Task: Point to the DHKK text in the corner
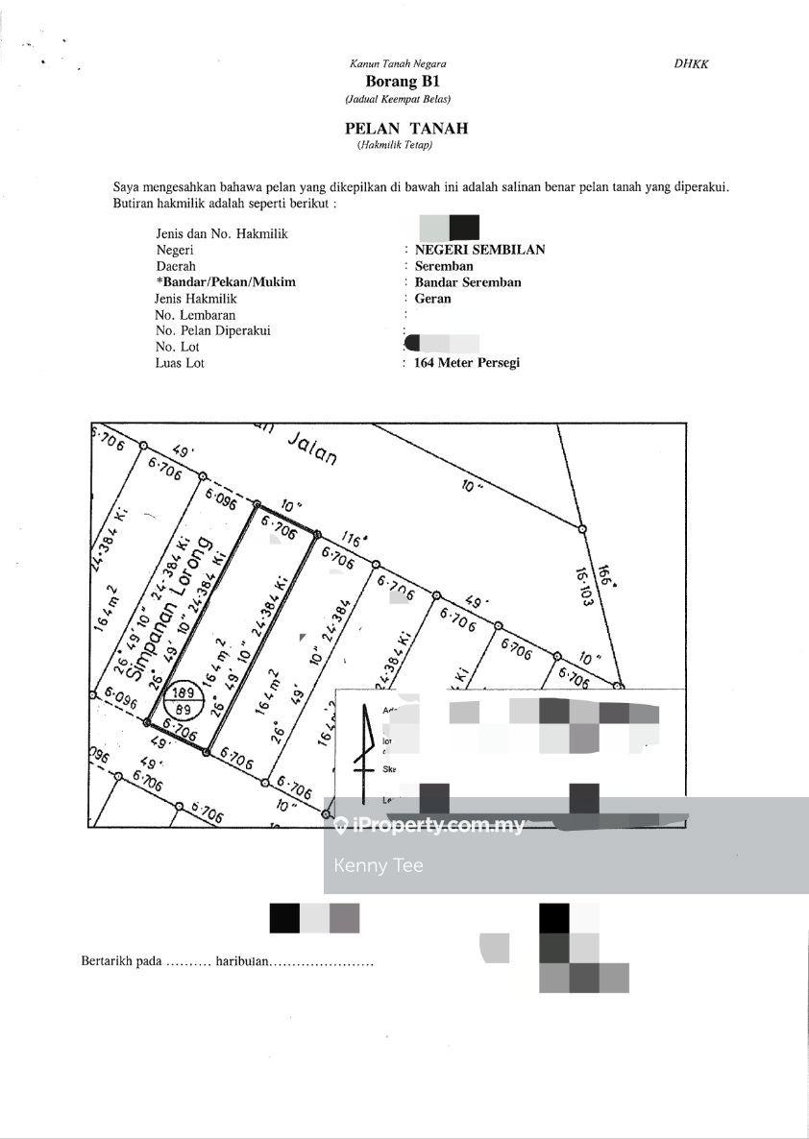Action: coord(691,64)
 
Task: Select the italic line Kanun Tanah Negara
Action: coord(398,64)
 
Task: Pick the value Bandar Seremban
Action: coord(468,282)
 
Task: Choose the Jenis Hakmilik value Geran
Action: coord(432,299)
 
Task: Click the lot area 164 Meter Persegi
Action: coord(467,363)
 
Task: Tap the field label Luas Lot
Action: coord(180,363)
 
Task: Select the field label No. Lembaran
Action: coord(195,315)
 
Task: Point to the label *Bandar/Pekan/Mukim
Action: coord(225,282)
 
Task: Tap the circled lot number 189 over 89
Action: coord(182,699)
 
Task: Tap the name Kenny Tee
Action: coord(379,865)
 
